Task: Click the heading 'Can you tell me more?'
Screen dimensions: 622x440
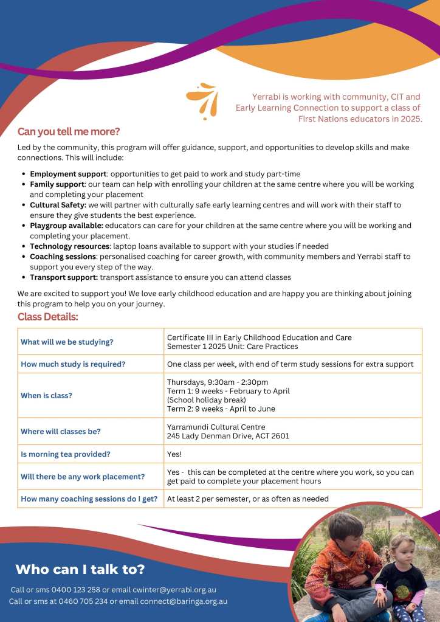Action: (x=69, y=131)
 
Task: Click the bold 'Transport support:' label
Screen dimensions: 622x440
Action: (x=64, y=277)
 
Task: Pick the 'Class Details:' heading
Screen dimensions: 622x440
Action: (x=48, y=317)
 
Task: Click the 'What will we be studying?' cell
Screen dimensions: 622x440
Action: (x=67, y=342)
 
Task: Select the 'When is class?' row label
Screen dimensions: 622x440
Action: (x=46, y=395)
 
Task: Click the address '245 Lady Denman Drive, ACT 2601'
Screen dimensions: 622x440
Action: (x=228, y=436)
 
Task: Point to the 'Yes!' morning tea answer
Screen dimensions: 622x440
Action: (x=174, y=454)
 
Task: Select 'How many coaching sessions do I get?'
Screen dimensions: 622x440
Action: (x=89, y=499)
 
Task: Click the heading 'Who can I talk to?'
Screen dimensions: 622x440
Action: (x=80, y=569)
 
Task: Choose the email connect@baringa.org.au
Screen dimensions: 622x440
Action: (x=184, y=601)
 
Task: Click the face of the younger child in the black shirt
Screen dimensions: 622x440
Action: (x=401, y=547)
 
